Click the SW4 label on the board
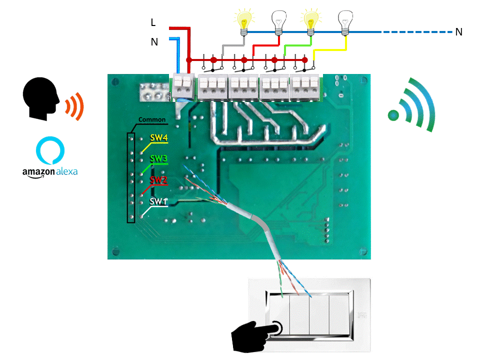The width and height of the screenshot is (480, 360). point(159,137)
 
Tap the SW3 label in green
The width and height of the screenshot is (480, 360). point(159,158)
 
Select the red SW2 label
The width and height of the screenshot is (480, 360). point(158,179)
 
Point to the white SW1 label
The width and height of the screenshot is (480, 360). point(158,201)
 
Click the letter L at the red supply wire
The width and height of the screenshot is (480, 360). point(153,22)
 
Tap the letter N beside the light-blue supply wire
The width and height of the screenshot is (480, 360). point(154,42)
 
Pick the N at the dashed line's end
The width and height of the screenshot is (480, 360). point(458,32)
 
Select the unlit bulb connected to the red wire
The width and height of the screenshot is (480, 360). point(278,21)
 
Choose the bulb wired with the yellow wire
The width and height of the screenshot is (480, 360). point(344,21)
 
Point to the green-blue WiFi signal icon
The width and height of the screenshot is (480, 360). point(412,105)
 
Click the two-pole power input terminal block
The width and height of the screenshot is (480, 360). point(183,85)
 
